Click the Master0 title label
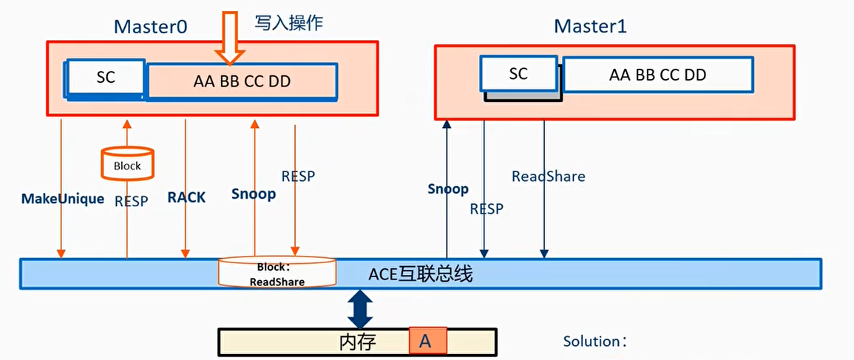(x=150, y=27)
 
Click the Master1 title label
(x=590, y=27)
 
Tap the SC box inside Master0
(x=106, y=77)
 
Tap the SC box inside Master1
(x=518, y=74)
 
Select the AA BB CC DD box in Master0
(x=243, y=81)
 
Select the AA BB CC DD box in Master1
(x=657, y=75)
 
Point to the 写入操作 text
(x=289, y=23)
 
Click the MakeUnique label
(x=63, y=199)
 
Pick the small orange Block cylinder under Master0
(x=127, y=164)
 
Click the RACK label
(x=186, y=197)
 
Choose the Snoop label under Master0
(x=254, y=194)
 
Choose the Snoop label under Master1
(x=448, y=189)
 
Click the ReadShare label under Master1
(x=549, y=177)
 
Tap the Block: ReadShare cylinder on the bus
(x=277, y=273)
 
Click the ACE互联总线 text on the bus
(x=420, y=275)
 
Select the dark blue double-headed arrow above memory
(x=360, y=309)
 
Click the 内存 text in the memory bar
(x=358, y=342)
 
